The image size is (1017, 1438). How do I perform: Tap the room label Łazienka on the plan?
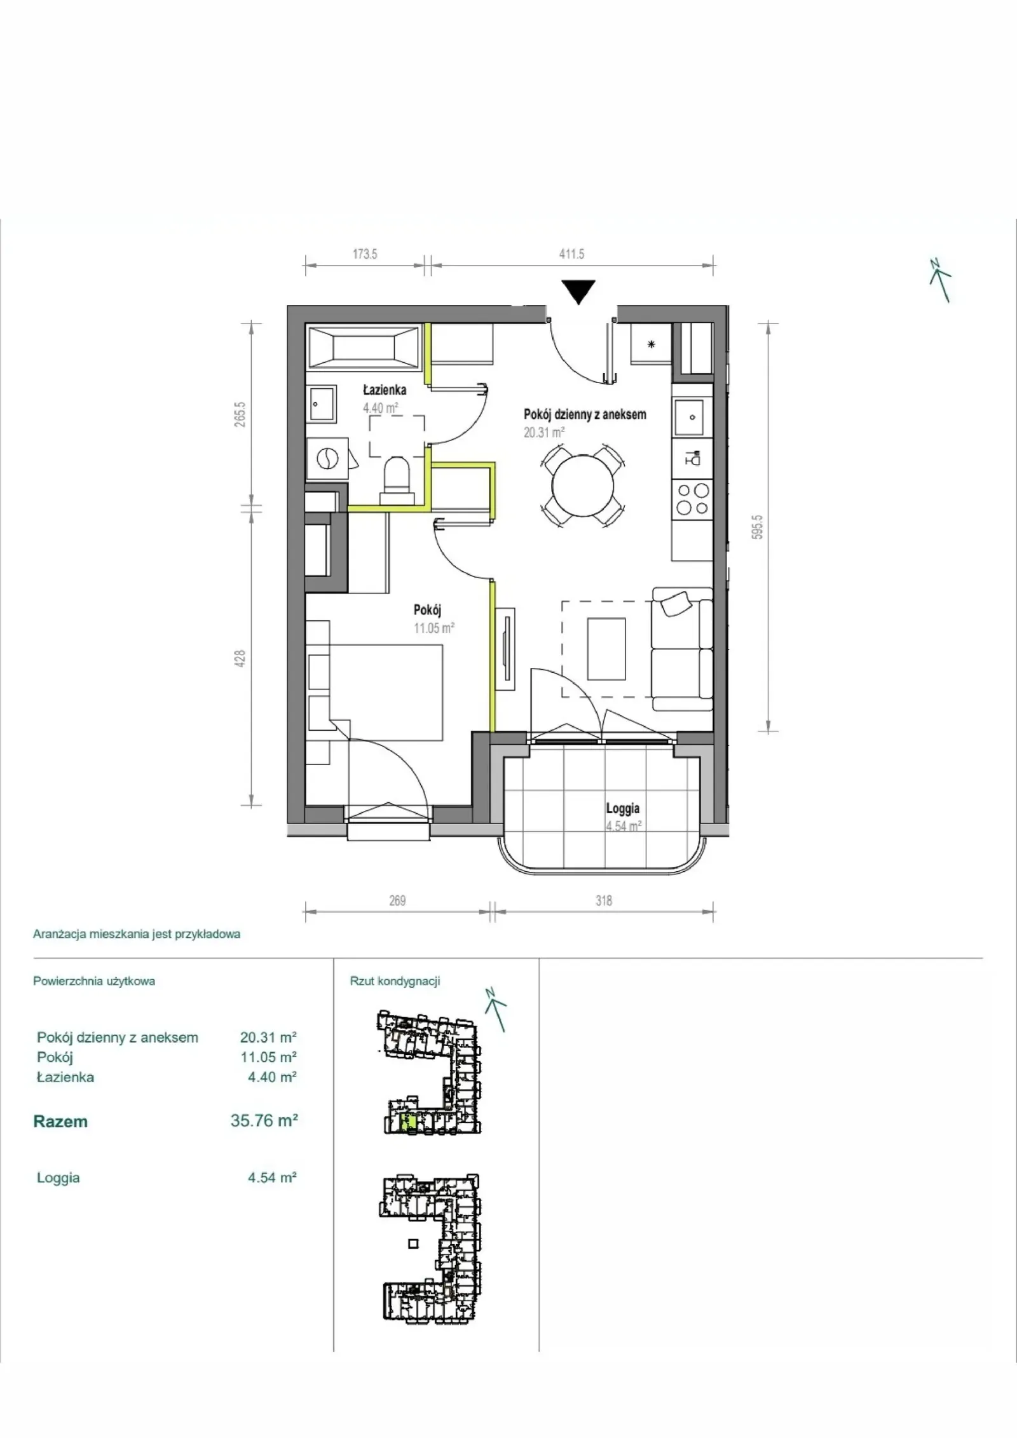[x=385, y=390]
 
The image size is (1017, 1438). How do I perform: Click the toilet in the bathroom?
[x=398, y=475]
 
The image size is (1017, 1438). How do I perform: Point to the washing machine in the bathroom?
[x=327, y=458]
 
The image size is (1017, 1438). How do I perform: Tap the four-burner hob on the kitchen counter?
[x=692, y=499]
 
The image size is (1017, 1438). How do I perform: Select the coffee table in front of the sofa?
[x=607, y=649]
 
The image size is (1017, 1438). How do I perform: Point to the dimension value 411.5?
[x=571, y=254]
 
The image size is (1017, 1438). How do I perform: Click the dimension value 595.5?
[x=756, y=527]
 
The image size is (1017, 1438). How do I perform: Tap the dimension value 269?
[x=397, y=900]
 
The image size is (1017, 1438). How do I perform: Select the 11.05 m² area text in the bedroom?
[x=434, y=628]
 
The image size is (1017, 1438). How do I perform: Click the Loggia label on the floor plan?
[x=622, y=809]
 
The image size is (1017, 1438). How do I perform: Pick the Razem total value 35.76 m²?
[x=264, y=1120]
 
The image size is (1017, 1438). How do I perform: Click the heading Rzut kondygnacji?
[x=395, y=981]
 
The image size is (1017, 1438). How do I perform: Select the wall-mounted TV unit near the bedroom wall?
[x=507, y=649]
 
